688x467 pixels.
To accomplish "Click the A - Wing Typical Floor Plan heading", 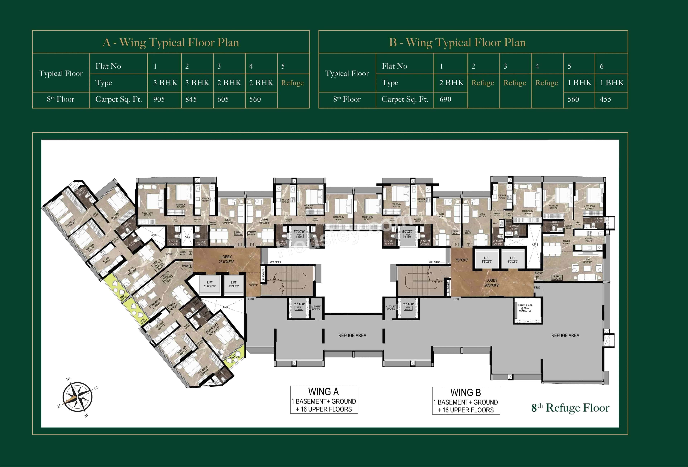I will point(171,43).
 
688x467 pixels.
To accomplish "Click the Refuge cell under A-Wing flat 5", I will point(292,83).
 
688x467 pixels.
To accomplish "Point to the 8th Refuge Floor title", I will point(570,408).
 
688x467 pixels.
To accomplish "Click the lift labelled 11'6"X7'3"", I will point(210,285).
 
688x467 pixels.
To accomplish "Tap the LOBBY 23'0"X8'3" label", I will point(226,259).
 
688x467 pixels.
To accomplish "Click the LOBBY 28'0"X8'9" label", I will point(492,282).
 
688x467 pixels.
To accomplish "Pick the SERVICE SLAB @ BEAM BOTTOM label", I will point(525,308).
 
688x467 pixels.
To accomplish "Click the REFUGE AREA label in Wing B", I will point(565,335).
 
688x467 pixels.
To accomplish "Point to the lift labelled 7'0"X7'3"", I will point(234,285).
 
